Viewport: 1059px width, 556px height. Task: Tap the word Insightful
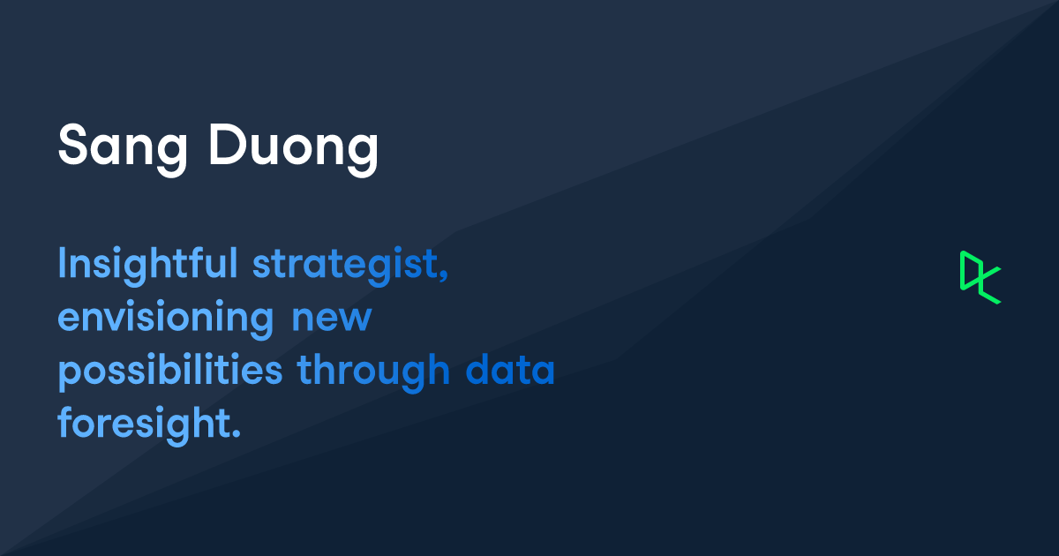147,264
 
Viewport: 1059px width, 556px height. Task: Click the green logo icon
980,277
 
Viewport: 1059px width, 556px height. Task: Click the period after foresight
236,435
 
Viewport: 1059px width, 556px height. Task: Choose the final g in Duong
364,152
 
